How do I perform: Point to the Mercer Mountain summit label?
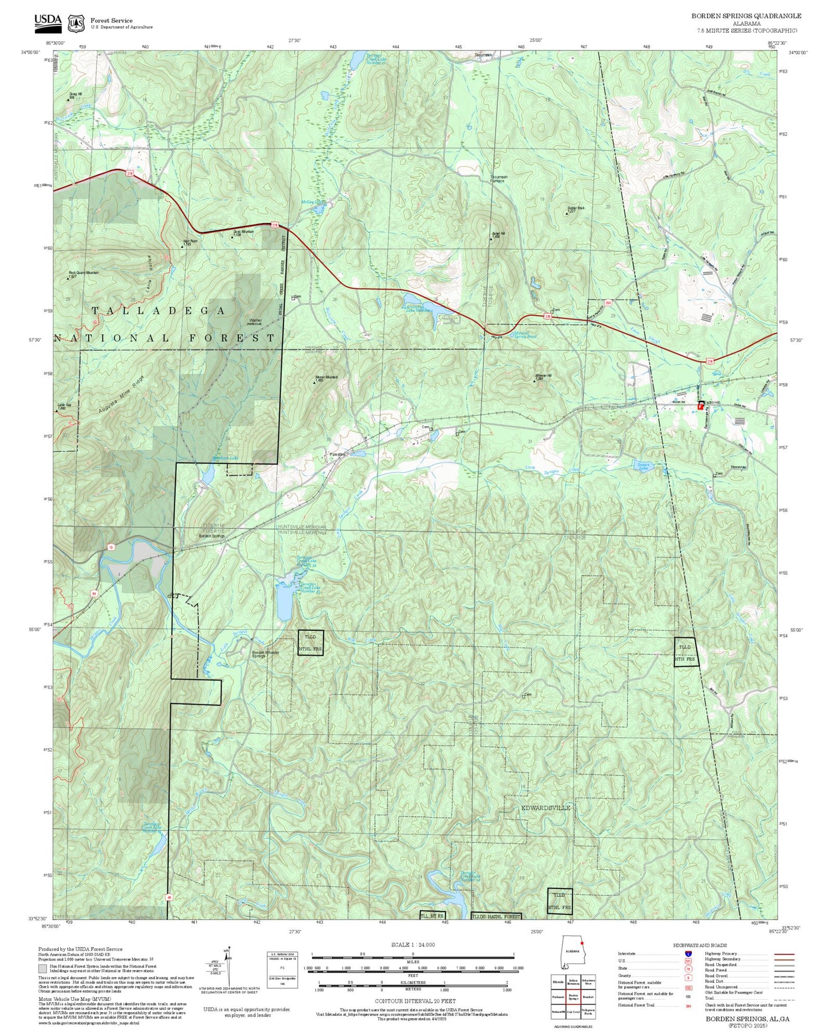[x=326, y=378]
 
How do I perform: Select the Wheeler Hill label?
[x=543, y=377]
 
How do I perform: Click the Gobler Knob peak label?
[x=576, y=209]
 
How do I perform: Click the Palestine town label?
[x=337, y=454]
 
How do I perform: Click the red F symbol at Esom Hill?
[x=700, y=406]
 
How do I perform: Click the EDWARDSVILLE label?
[x=546, y=808]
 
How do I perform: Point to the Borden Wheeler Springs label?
[x=266, y=654]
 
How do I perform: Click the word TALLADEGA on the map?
[x=158, y=311]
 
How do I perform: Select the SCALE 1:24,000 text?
[x=413, y=945]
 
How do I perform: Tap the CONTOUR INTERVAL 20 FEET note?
[x=415, y=1001]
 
